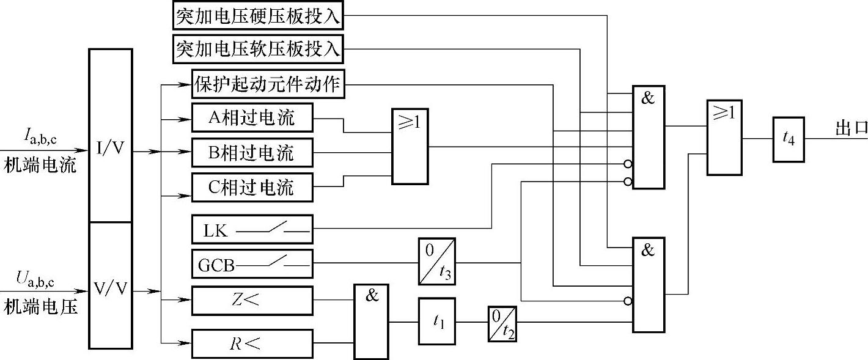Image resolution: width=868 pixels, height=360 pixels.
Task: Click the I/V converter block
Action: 111,135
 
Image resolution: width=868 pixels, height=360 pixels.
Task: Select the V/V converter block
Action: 111,285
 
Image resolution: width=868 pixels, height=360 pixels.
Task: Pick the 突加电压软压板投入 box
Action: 257,49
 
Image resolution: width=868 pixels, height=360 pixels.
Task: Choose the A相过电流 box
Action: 252,117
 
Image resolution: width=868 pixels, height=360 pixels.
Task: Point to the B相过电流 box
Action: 252,152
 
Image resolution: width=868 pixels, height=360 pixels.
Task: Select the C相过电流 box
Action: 252,186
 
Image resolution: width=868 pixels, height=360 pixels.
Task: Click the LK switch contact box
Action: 252,230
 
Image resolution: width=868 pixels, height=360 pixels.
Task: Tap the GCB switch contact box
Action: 252,265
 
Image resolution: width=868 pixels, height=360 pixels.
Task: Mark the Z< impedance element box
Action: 252,300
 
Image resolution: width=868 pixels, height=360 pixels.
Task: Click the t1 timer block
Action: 436,321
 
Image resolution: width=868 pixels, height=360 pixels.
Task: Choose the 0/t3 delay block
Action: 436,261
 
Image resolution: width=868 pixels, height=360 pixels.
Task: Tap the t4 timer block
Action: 789,139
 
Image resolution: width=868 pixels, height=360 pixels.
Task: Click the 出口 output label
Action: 851,129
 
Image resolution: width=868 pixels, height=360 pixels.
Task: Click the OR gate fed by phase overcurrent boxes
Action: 410,147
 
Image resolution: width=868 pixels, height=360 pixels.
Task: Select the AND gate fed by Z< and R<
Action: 371,321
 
